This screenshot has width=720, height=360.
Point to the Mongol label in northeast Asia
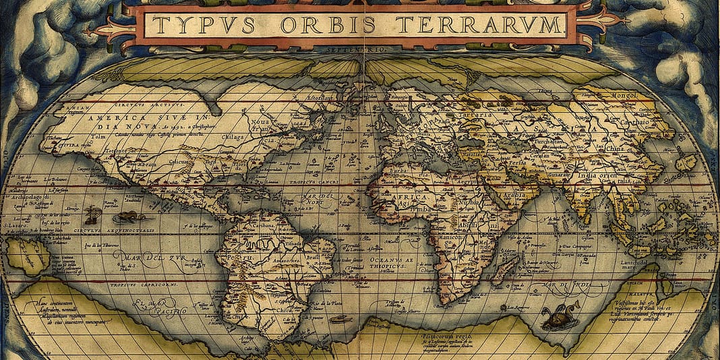pyautogui.click(x=624, y=95)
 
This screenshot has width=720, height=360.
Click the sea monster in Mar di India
pyautogui.click(x=560, y=317)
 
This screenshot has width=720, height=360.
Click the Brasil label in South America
pyautogui.click(x=311, y=257)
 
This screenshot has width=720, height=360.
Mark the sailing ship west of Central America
pyautogui.click(x=92, y=215)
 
